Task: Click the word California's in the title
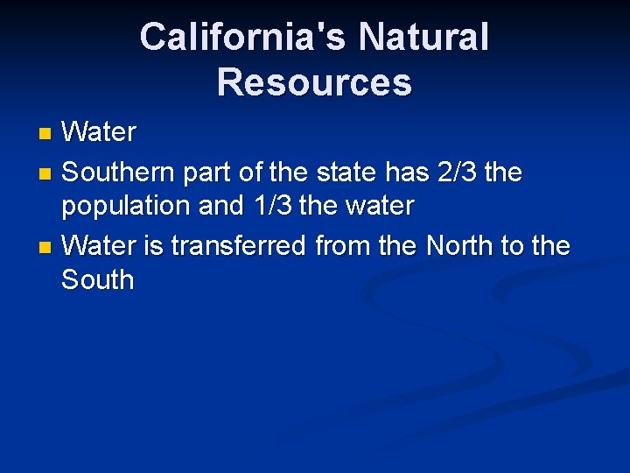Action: pyautogui.click(x=241, y=38)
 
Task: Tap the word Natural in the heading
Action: pyautogui.click(x=423, y=38)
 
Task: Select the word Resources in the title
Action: pyautogui.click(x=314, y=82)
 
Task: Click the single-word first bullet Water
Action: pyautogui.click(x=99, y=133)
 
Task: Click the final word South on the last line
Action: pyautogui.click(x=97, y=281)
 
